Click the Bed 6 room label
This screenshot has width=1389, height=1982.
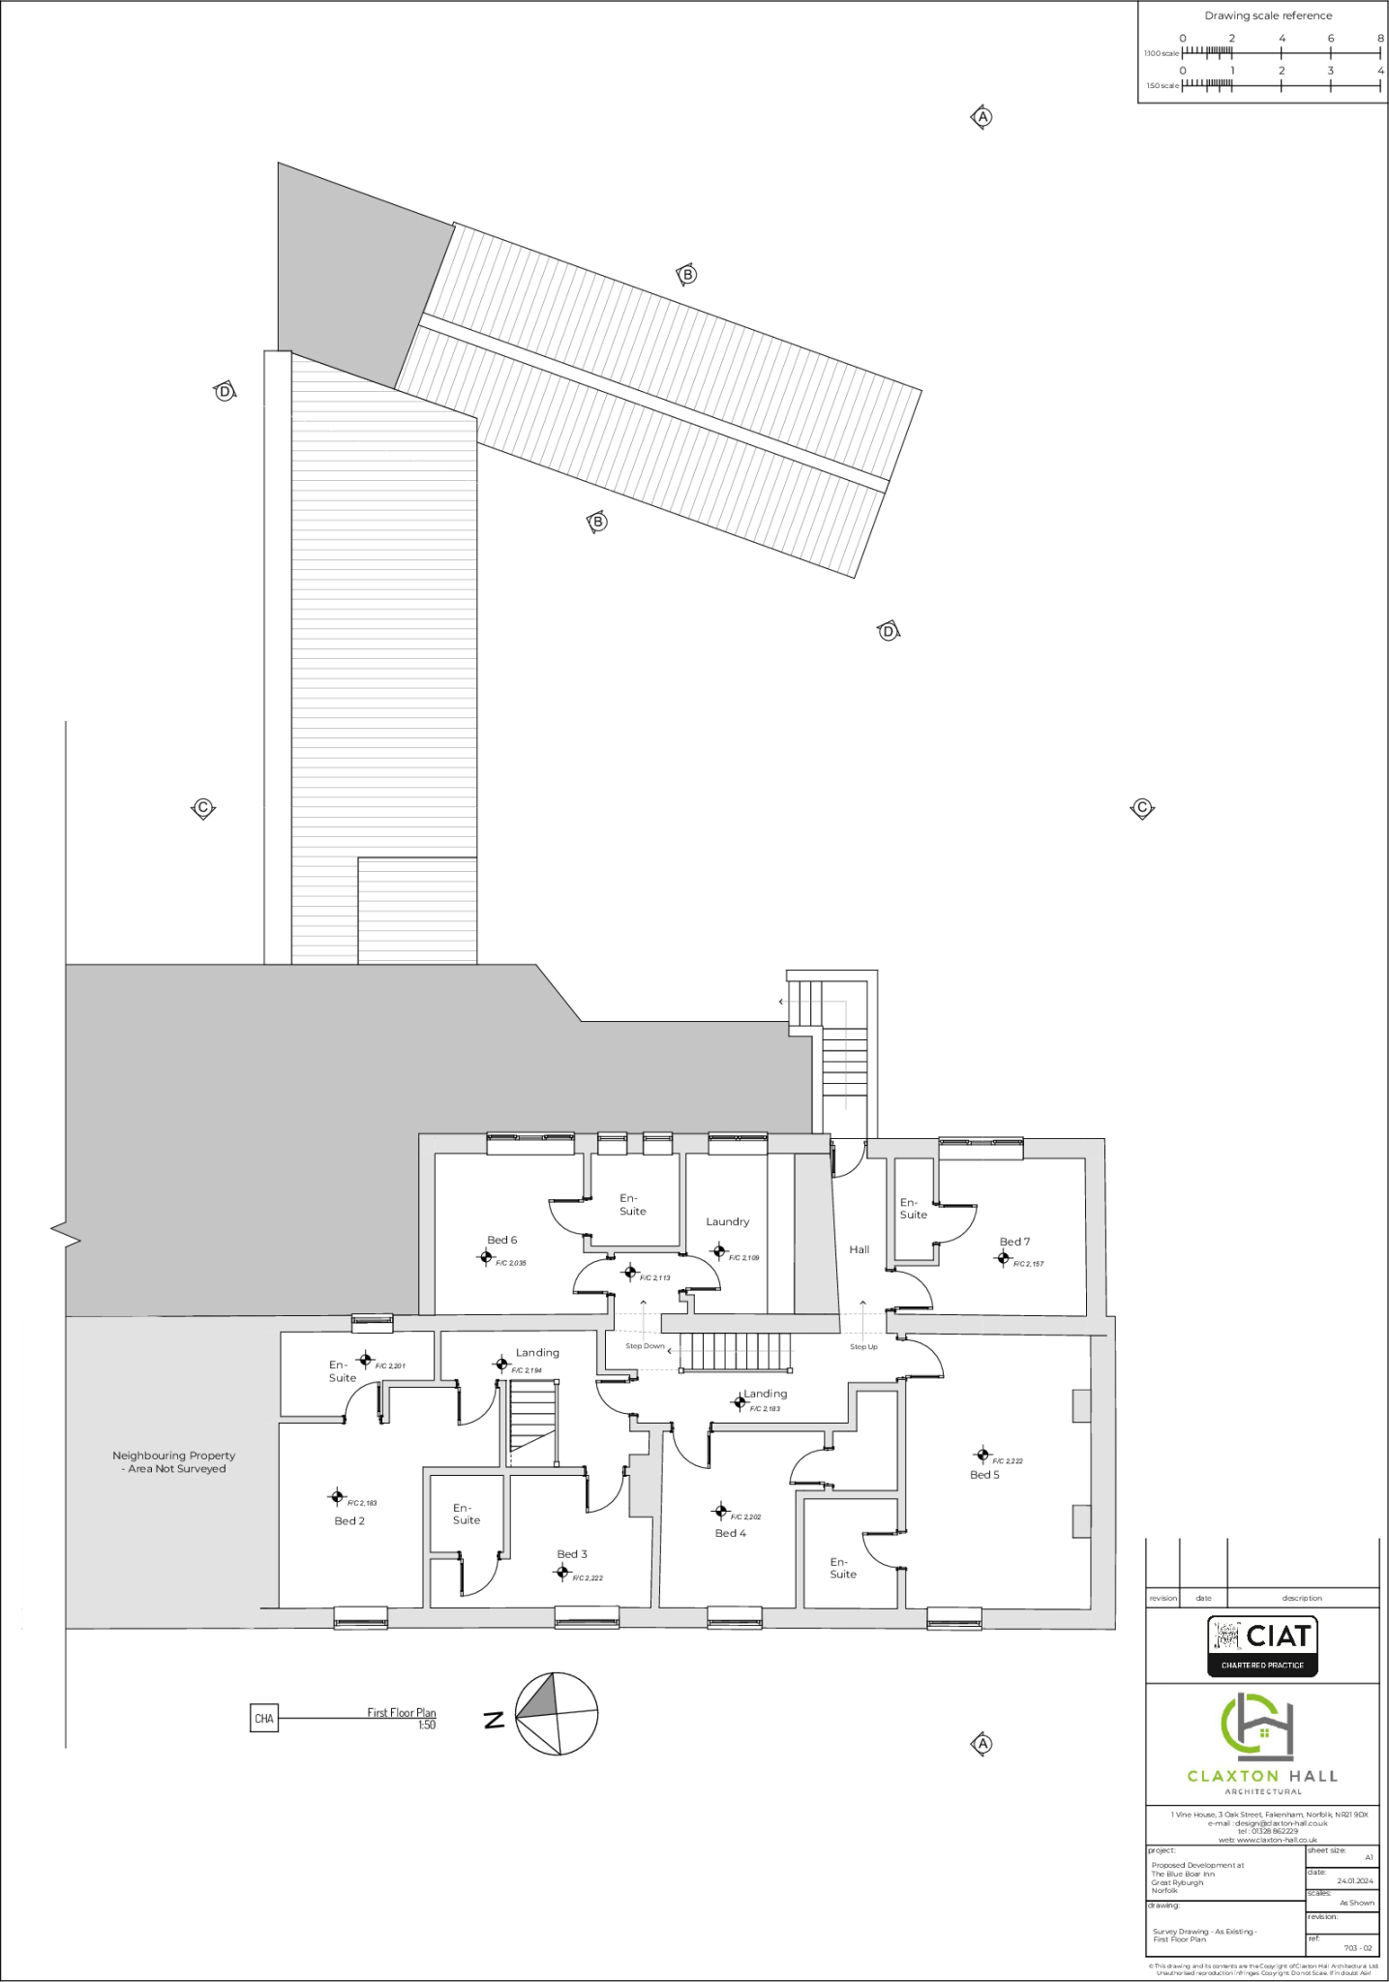coord(501,1240)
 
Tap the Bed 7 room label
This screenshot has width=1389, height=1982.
coord(1014,1242)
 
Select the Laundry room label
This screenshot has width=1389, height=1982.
coord(727,1221)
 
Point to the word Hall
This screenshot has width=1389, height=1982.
coord(860,1249)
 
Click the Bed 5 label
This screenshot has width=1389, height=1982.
coord(984,1475)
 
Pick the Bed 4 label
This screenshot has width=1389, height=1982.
coord(730,1533)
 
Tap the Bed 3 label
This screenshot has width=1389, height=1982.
coord(572,1554)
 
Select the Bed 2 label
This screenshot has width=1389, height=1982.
coord(349,1520)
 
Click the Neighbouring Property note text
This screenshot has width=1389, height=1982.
coord(174,1461)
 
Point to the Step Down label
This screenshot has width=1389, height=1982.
coord(645,1346)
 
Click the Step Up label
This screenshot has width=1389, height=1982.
coord(863,1346)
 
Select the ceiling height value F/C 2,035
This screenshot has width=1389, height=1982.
coord(511,1263)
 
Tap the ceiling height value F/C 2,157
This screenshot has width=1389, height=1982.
coord(1028,1264)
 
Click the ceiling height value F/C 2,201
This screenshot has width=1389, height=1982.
coord(390,1366)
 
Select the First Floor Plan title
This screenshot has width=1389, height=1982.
coord(401,1712)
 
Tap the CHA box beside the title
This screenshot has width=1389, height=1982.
coord(263,1719)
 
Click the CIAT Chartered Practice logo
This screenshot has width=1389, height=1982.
coord(1262,1646)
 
